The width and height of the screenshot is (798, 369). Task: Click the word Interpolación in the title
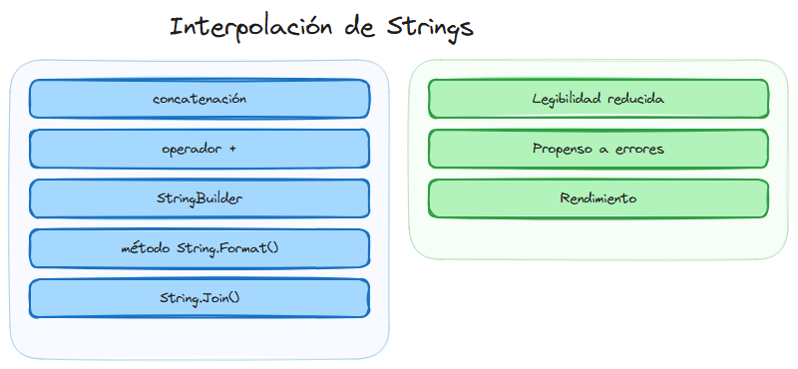pyautogui.click(x=250, y=27)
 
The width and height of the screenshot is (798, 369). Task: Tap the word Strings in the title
pyautogui.click(x=429, y=28)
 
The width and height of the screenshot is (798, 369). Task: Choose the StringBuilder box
pyautogui.click(x=199, y=198)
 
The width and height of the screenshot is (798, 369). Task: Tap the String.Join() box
pyautogui.click(x=199, y=298)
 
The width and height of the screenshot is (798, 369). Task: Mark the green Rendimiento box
pyautogui.click(x=598, y=198)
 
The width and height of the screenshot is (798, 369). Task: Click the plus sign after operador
pyautogui.click(x=232, y=149)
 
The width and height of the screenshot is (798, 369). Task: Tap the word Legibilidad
pyautogui.click(x=568, y=99)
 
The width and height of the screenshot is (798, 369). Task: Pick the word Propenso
pyautogui.click(x=562, y=149)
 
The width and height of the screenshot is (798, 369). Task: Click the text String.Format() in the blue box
pyautogui.click(x=227, y=248)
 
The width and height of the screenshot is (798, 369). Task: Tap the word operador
pyautogui.click(x=193, y=149)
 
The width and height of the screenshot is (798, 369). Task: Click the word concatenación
pyautogui.click(x=199, y=99)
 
